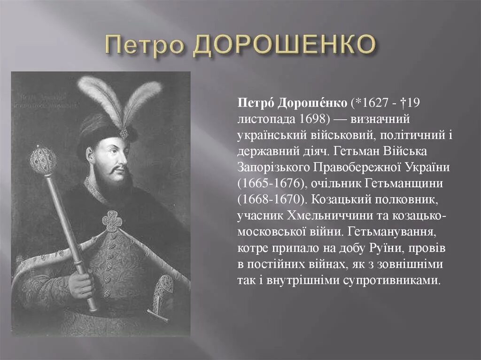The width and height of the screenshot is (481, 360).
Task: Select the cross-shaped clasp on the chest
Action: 112,221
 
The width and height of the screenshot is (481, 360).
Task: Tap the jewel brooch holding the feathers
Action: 124,133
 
